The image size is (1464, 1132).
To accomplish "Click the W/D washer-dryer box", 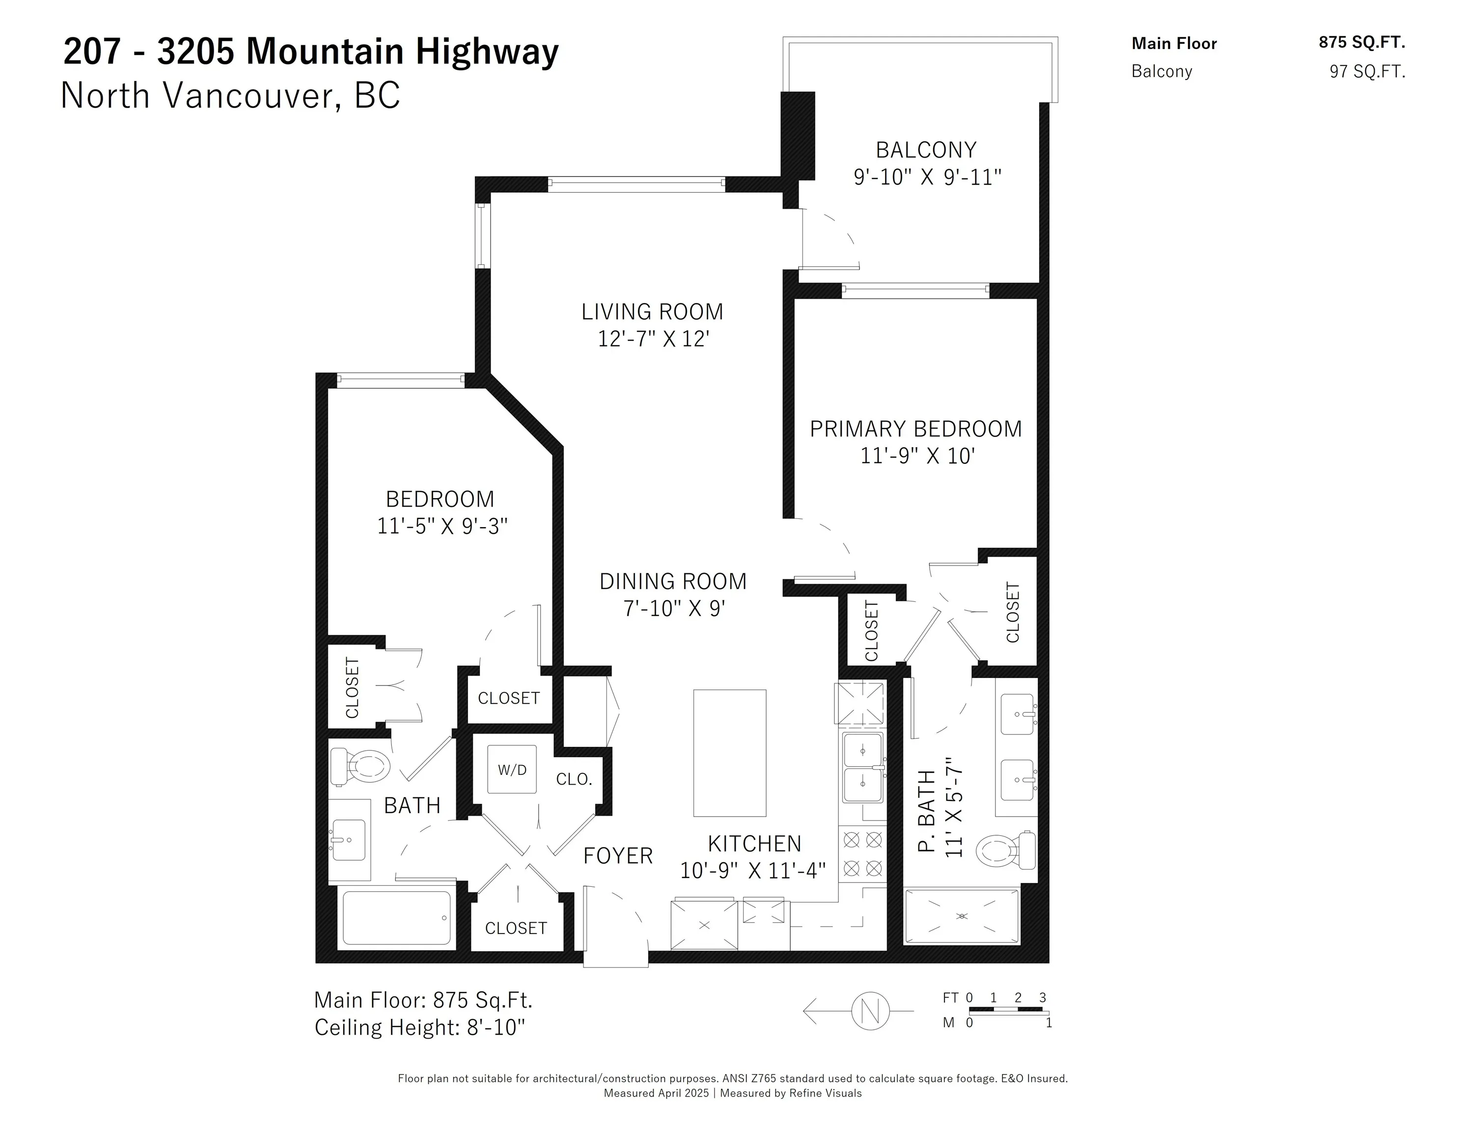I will click(x=511, y=769).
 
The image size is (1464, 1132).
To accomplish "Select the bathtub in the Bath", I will click(x=396, y=917).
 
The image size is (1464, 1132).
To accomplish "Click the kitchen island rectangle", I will click(x=729, y=752).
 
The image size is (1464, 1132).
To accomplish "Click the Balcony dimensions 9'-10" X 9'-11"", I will click(x=927, y=177).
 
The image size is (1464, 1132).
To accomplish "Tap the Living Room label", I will click(x=652, y=312).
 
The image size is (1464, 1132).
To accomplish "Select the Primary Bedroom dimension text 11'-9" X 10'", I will click(x=916, y=456).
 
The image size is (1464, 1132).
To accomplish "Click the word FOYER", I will click(x=617, y=856).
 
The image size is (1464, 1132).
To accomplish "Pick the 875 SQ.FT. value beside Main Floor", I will click(x=1361, y=42).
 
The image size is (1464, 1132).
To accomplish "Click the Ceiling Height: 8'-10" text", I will click(x=419, y=1027).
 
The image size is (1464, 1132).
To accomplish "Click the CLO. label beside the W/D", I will click(x=574, y=779).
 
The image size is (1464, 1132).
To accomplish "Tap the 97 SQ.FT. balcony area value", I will click(x=1367, y=72).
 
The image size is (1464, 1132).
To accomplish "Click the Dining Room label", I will click(x=672, y=581).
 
